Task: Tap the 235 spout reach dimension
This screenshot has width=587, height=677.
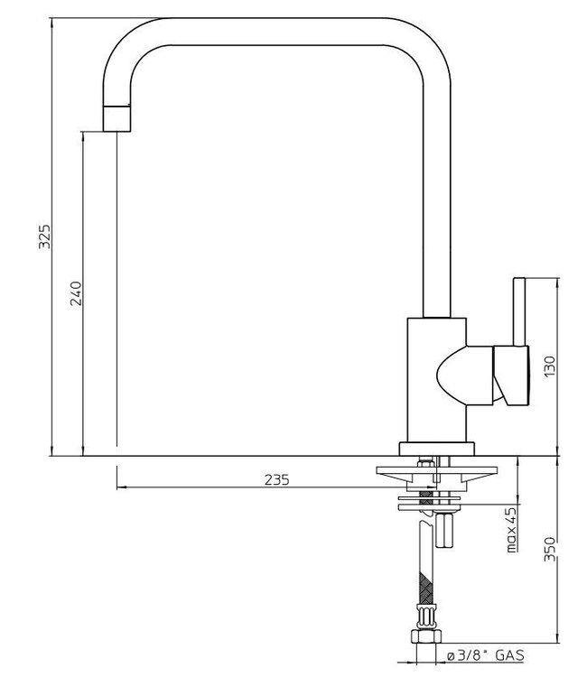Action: click(277, 480)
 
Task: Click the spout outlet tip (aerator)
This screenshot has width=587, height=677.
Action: click(117, 117)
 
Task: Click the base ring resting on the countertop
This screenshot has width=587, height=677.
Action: click(437, 449)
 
